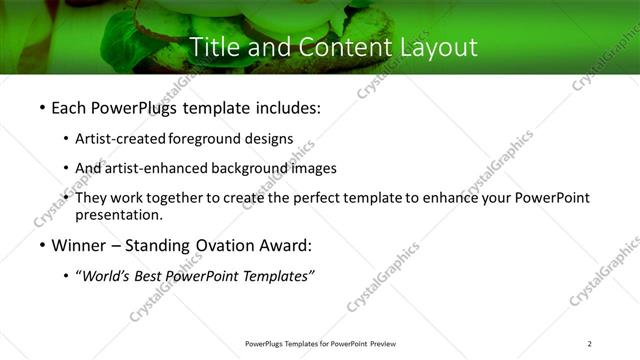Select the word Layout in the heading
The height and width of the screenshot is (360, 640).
(x=437, y=46)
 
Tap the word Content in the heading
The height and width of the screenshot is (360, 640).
(x=340, y=46)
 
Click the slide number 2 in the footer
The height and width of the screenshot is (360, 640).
(x=590, y=344)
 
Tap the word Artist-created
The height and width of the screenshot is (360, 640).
(x=121, y=139)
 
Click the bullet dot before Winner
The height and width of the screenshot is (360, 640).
(x=41, y=245)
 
